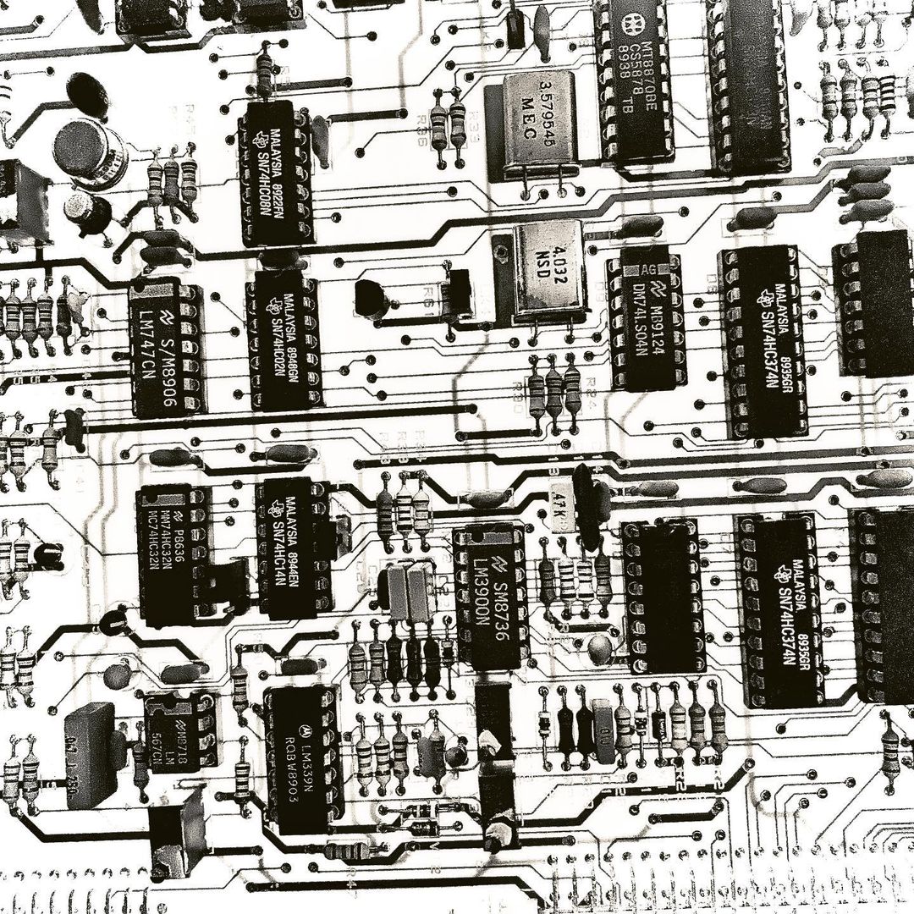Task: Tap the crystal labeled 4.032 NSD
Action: click(x=549, y=269)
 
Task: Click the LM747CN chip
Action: click(x=168, y=348)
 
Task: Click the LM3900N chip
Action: click(x=490, y=596)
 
